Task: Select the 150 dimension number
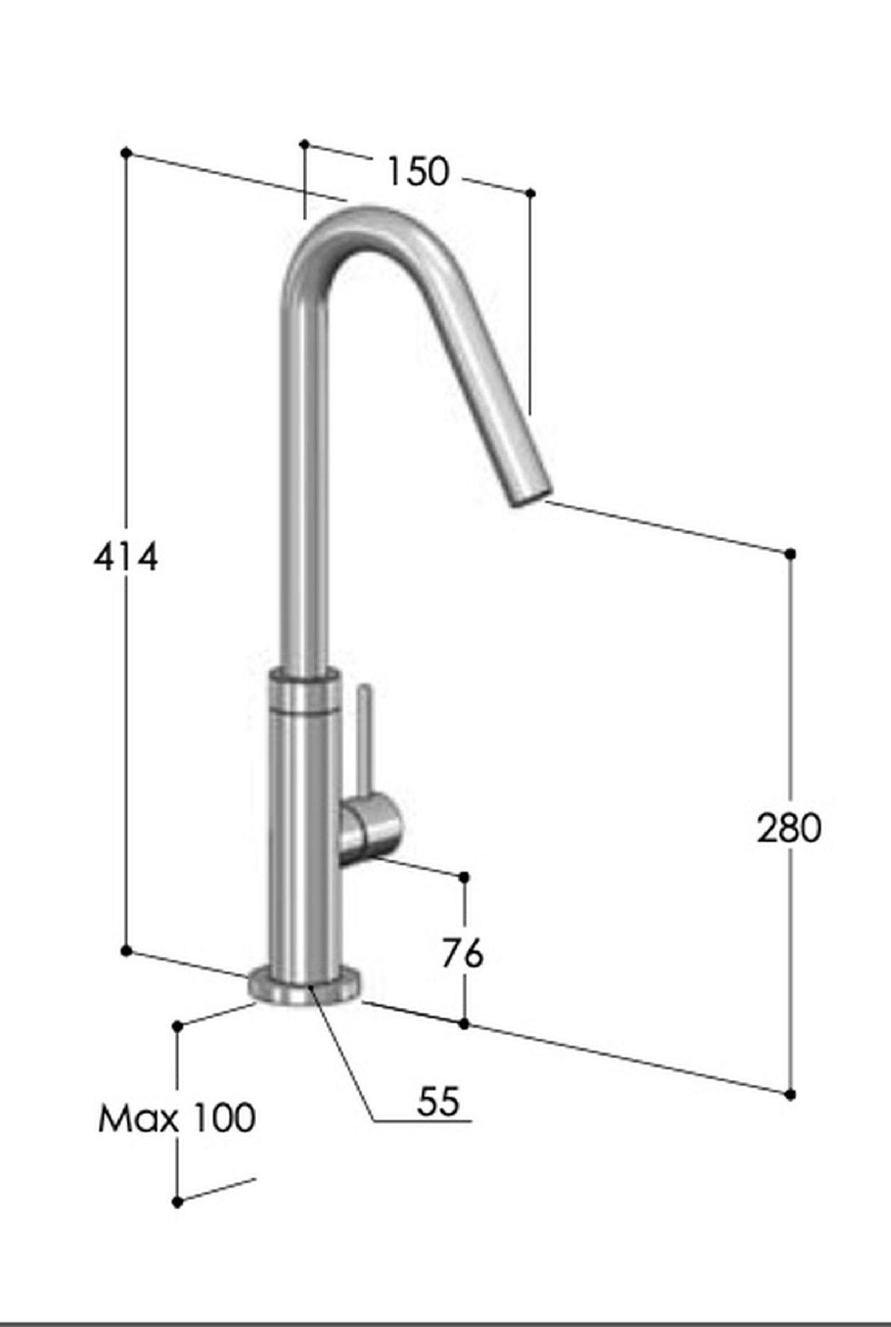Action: (418, 172)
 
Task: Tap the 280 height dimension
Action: (789, 828)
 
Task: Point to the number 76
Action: (462, 954)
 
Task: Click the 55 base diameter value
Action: (438, 1101)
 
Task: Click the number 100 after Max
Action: (217, 1117)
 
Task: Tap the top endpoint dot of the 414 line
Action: (125, 153)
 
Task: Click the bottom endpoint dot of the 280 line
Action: (790, 1094)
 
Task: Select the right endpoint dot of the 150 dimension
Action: (532, 193)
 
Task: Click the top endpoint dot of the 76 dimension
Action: (465, 877)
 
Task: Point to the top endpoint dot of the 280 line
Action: (790, 554)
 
